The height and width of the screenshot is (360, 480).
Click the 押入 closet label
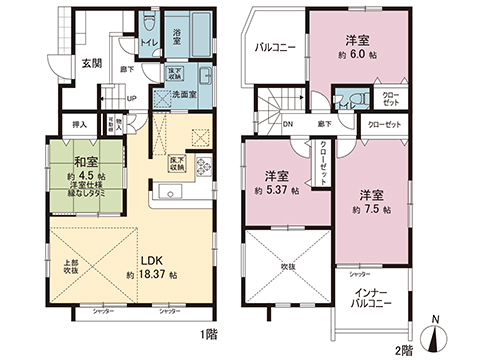pyautogui.click(x=80, y=125)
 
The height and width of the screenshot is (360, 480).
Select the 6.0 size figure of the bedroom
pyautogui.click(x=358, y=57)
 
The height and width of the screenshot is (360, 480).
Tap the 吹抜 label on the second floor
pyautogui.click(x=286, y=268)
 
